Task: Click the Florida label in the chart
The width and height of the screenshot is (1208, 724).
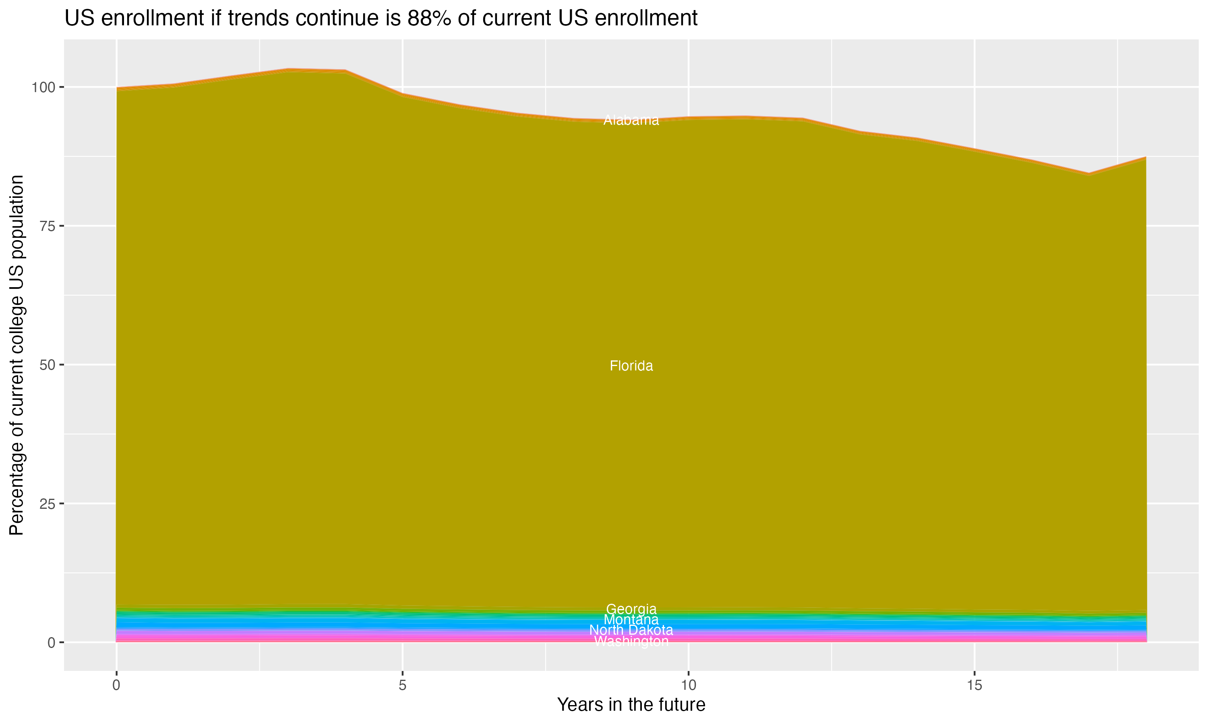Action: click(x=631, y=366)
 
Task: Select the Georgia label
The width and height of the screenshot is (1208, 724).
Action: click(x=631, y=609)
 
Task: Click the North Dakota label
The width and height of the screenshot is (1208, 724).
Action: click(x=631, y=630)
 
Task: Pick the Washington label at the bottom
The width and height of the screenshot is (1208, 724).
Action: click(x=631, y=642)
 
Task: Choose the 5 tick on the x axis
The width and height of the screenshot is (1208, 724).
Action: click(x=402, y=685)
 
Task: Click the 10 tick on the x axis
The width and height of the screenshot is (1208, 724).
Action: click(x=688, y=685)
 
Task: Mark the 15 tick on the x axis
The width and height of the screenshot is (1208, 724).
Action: click(x=974, y=685)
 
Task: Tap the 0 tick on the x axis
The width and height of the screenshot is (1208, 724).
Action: click(x=116, y=685)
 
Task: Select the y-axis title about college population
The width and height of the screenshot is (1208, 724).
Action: click(x=17, y=355)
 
